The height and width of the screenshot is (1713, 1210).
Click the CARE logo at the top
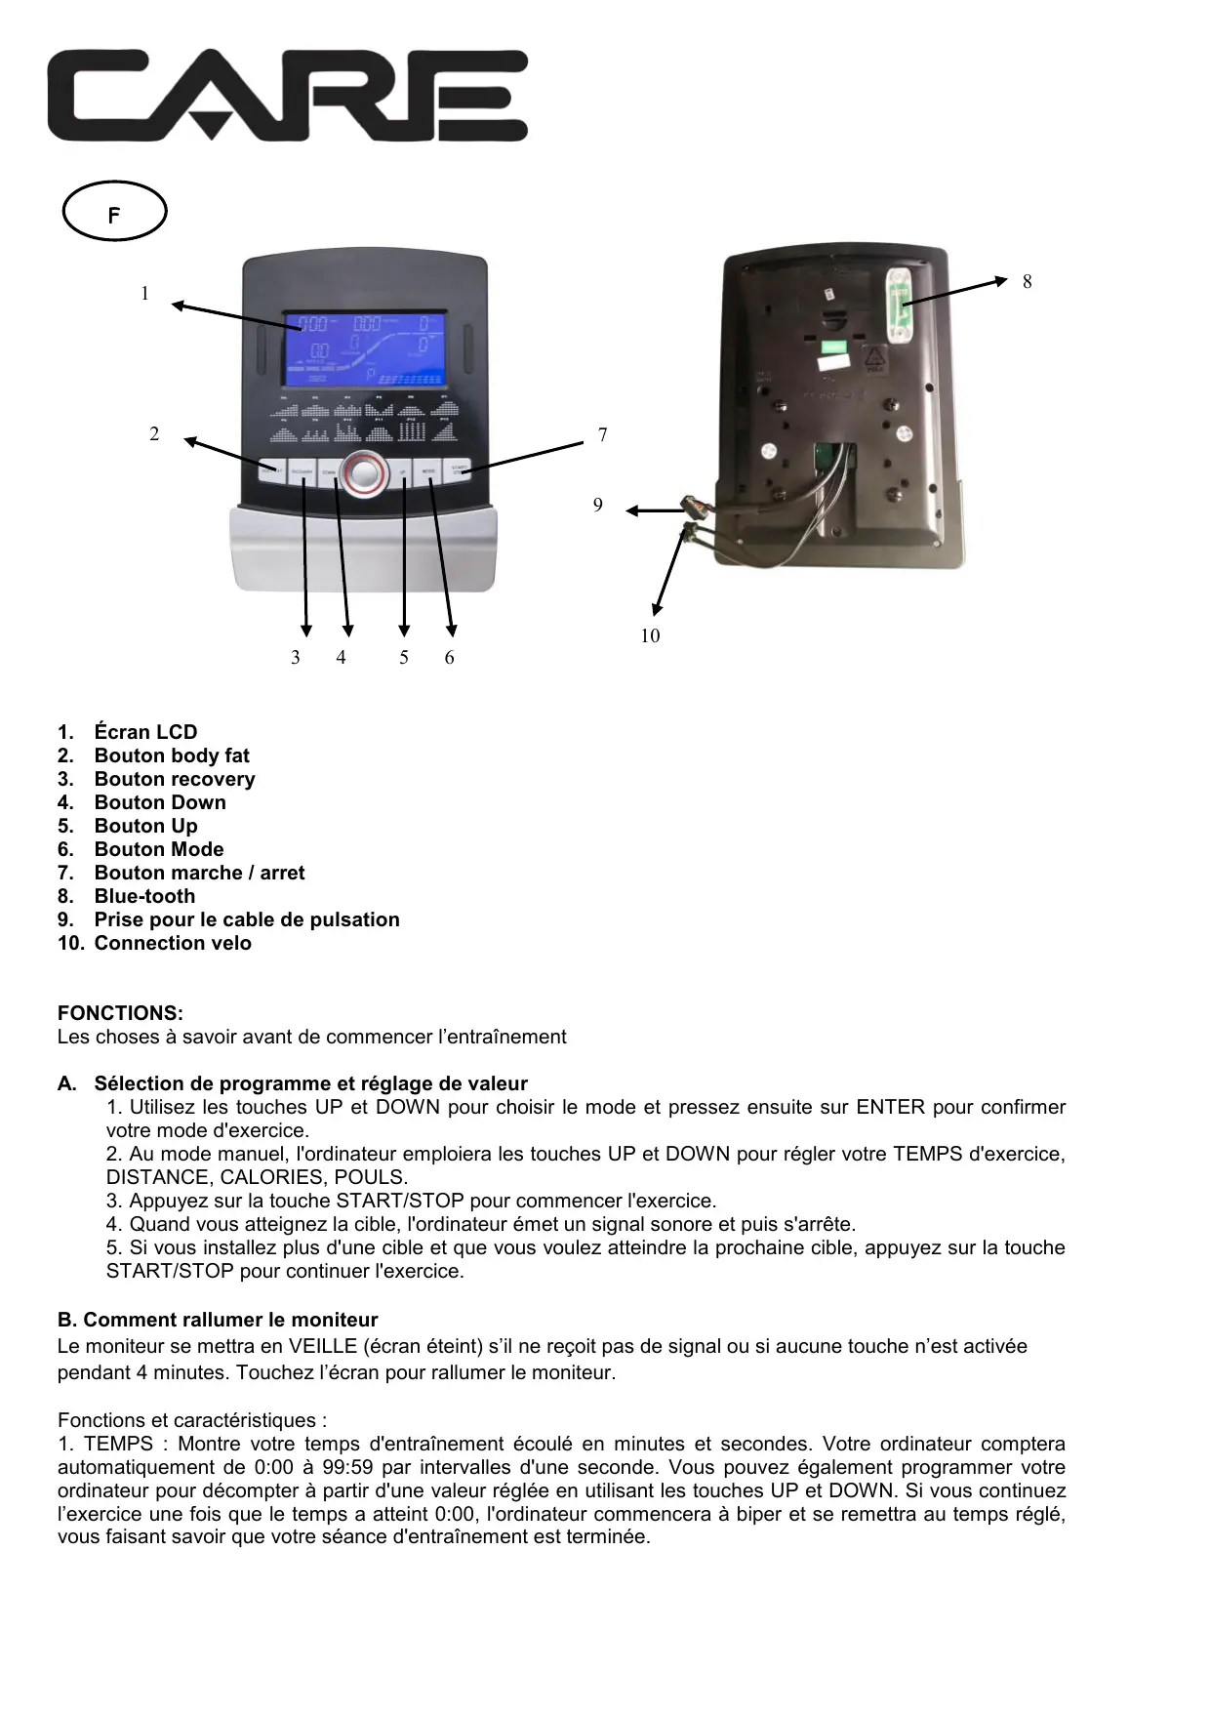288,97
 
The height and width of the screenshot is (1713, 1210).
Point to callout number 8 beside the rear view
1027,282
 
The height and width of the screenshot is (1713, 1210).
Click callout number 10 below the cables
650,636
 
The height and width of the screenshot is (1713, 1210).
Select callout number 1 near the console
145,294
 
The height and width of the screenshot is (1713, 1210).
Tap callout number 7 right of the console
603,435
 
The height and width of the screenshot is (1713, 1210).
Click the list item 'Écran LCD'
145,732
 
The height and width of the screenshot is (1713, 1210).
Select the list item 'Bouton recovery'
174,779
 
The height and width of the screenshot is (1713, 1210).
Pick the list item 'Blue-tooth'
144,896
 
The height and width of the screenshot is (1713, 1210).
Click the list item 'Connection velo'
173,943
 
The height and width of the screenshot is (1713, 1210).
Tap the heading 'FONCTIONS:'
120,1013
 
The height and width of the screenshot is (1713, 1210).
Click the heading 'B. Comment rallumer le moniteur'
218,1320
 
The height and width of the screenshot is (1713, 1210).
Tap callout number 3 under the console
296,658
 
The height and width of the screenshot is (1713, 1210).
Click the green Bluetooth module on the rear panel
899,303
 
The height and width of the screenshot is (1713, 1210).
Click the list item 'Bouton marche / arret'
199,873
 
